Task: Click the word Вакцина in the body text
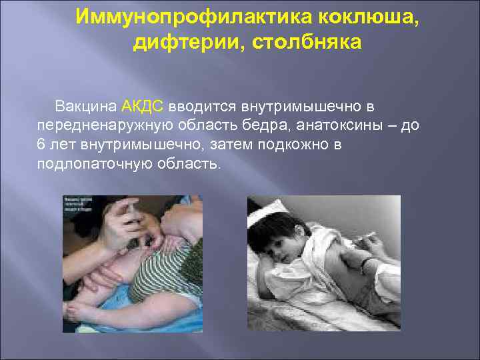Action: pos(87,107)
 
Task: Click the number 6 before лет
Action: pos(41,145)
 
